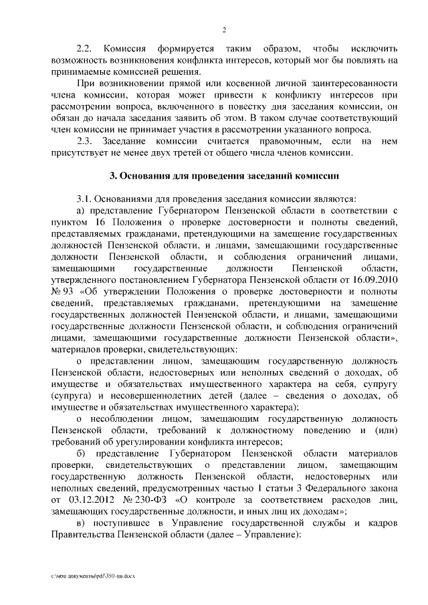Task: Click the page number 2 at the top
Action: (224, 30)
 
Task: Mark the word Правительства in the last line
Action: (80, 535)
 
